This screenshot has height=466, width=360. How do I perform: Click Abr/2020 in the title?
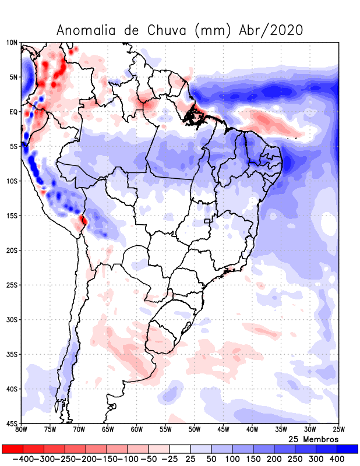(271, 30)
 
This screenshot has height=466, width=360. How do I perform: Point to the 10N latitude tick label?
(12, 43)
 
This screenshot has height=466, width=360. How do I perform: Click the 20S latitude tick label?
(12, 250)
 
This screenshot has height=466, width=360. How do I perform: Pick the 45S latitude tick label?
(12, 423)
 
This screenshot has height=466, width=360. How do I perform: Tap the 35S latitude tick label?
(12, 354)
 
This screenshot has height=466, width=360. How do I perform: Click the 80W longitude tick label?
(22, 430)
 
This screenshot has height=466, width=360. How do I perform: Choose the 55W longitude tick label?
(165, 430)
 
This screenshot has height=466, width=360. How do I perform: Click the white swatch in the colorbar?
(180, 449)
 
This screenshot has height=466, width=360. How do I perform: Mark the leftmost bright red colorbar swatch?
(12, 449)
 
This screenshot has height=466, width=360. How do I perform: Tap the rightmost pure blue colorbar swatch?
(348, 449)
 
